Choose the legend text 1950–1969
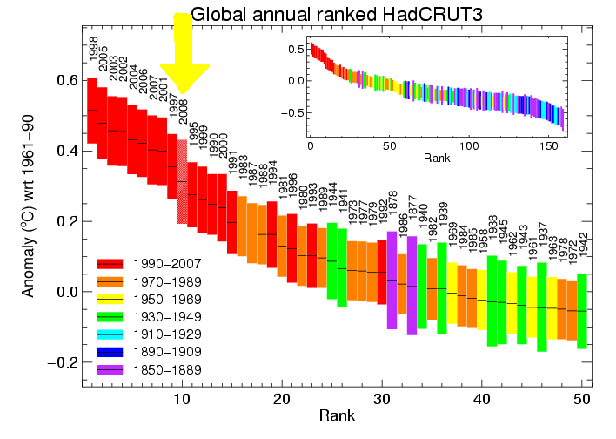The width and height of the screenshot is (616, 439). [x=165, y=299]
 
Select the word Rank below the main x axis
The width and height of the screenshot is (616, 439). [x=336, y=415]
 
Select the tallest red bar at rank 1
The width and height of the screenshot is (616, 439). [x=92, y=111]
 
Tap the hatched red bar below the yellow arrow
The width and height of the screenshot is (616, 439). [x=182, y=183]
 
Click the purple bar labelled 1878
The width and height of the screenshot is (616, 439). [x=392, y=280]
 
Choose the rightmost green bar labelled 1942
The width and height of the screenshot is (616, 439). [x=582, y=310]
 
